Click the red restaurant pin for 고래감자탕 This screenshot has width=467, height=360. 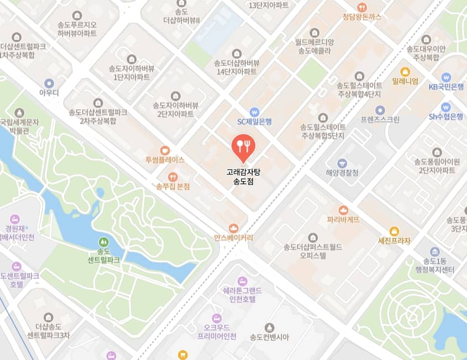point(243,146)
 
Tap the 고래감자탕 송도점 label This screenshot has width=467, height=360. point(243,176)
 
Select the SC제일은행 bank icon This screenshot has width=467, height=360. point(254,112)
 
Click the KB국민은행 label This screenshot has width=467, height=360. point(446,87)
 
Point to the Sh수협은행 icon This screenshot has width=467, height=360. point(446,107)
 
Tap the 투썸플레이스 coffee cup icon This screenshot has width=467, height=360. point(165,150)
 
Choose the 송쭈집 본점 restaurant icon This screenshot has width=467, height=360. point(172,177)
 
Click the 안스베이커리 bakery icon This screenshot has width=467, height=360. point(233,228)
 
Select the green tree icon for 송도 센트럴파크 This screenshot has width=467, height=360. point(103,242)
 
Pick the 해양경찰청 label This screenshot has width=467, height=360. point(342,173)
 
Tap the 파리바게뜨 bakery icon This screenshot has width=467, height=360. point(343,210)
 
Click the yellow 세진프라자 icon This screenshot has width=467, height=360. point(394,231)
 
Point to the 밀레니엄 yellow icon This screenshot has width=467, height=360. point(405,71)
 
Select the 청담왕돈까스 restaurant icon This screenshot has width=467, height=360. point(362,7)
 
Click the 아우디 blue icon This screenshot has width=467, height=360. point(49,83)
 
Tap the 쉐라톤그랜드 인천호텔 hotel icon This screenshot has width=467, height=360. point(242,280)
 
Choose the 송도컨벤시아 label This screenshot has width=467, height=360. point(269,336)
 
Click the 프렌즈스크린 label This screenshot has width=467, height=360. point(380,119)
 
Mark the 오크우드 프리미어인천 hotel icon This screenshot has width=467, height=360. point(217,318)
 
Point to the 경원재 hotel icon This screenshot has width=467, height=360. point(15,217)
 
